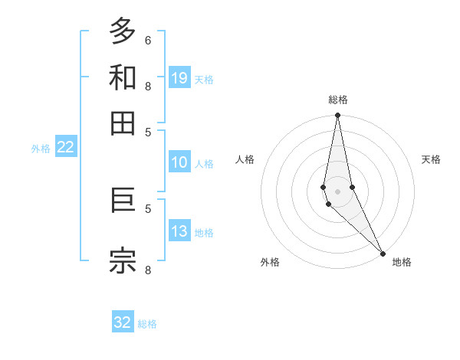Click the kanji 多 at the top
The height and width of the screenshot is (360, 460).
pyautogui.click(x=123, y=31)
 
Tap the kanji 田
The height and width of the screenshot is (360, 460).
pyautogui.click(x=123, y=123)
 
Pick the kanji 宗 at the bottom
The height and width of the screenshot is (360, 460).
pyautogui.click(x=123, y=260)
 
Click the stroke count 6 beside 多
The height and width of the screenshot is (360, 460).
pyautogui.click(x=148, y=40)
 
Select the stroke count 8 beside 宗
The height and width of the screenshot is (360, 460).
pyautogui.click(x=148, y=269)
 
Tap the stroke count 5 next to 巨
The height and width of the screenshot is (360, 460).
pyautogui.click(x=148, y=208)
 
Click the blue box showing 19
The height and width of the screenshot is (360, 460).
pyautogui.click(x=179, y=77)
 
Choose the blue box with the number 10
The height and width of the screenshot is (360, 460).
pyautogui.click(x=179, y=162)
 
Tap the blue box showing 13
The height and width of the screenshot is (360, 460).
pyautogui.click(x=179, y=231)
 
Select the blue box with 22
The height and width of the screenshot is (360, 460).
pyautogui.click(x=66, y=148)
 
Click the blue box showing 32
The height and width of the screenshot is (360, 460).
pyautogui.click(x=123, y=322)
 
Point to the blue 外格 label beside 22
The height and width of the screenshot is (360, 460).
pyautogui.click(x=41, y=149)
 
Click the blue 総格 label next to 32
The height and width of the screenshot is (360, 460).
pyautogui.click(x=147, y=324)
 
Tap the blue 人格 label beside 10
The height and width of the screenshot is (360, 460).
pyautogui.click(x=204, y=163)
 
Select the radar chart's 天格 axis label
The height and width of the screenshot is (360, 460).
pyautogui.click(x=431, y=159)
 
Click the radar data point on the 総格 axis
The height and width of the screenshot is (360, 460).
pyautogui.click(x=337, y=116)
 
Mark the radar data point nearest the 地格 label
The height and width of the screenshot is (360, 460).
pyautogui.click(x=383, y=253)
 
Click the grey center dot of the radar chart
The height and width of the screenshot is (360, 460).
pyautogui.click(x=337, y=191)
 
